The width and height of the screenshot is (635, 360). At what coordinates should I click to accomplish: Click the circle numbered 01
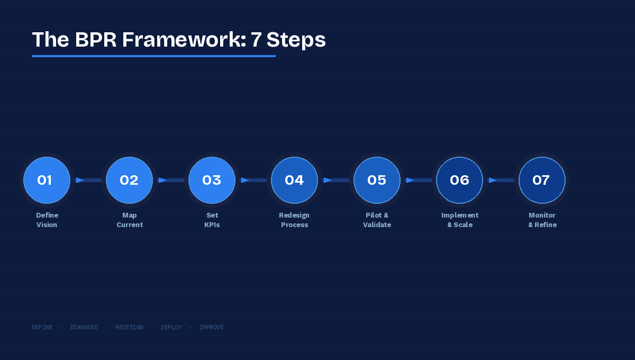(x=47, y=180)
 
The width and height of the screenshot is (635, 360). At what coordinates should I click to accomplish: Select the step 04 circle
(x=294, y=180)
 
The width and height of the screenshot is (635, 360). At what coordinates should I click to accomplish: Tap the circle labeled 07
(x=542, y=180)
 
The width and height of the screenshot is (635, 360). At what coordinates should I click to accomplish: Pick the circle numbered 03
(x=212, y=180)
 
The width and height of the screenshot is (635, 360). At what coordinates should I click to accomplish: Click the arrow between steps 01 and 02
(x=88, y=180)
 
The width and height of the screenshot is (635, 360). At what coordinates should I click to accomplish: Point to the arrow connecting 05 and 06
(x=418, y=180)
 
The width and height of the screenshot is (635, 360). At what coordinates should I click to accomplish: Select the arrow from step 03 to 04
(x=253, y=180)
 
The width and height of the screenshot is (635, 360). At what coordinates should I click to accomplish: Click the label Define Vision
(x=47, y=220)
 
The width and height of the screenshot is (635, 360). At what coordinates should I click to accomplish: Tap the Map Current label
(x=130, y=220)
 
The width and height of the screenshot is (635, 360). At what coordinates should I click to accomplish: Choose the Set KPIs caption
(x=212, y=220)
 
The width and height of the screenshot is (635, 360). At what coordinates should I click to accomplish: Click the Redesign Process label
(x=294, y=220)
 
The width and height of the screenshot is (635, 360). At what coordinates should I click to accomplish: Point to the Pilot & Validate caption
(x=377, y=220)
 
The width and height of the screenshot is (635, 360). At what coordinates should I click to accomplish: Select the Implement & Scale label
(x=460, y=220)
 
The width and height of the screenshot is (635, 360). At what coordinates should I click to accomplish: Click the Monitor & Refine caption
(x=542, y=220)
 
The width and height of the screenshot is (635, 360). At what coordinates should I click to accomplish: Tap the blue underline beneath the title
(x=153, y=56)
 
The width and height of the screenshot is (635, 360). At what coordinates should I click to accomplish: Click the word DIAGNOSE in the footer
(x=84, y=327)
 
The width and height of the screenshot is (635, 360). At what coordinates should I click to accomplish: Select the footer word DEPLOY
(x=171, y=327)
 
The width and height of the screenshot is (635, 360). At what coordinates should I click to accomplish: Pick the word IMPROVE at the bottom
(x=211, y=327)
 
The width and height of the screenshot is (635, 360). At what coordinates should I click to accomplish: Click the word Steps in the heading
(x=296, y=40)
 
